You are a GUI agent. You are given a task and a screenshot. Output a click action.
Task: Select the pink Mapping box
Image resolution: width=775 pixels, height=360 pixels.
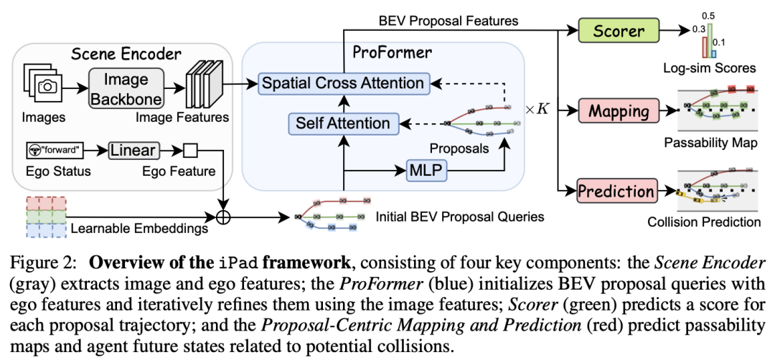click(x=619, y=112)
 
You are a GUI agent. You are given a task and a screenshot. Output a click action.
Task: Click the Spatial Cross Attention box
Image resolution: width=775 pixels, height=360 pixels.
click(x=342, y=82)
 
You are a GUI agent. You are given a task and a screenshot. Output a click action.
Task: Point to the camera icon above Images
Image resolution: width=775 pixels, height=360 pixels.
click(x=47, y=87)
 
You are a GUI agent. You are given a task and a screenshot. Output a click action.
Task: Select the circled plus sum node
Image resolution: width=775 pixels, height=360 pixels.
click(x=223, y=216)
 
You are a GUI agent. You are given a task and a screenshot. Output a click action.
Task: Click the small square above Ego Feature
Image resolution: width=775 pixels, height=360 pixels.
click(x=189, y=151)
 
